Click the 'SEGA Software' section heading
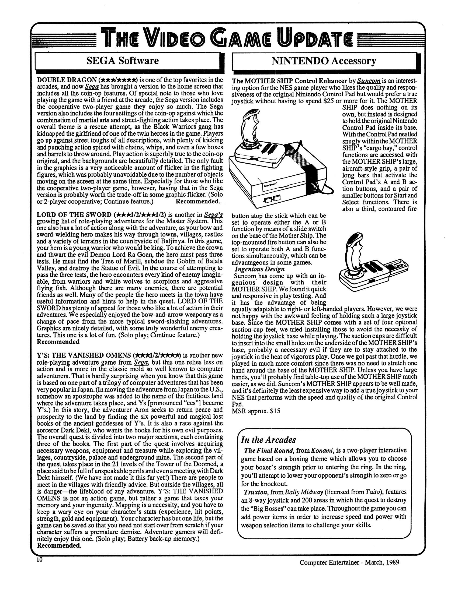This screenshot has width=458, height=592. (x=122, y=61)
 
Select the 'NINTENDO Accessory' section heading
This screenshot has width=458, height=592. (x=324, y=61)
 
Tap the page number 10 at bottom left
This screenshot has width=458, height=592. (x=40, y=560)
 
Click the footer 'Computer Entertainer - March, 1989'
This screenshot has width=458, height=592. (x=349, y=562)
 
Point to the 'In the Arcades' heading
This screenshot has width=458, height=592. (x=268, y=440)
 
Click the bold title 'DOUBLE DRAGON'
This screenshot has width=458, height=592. (x=67, y=80)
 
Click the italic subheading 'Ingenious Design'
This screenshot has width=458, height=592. (x=260, y=269)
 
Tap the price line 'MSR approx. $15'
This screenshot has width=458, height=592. (x=256, y=411)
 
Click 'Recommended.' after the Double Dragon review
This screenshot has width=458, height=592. (x=197, y=201)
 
